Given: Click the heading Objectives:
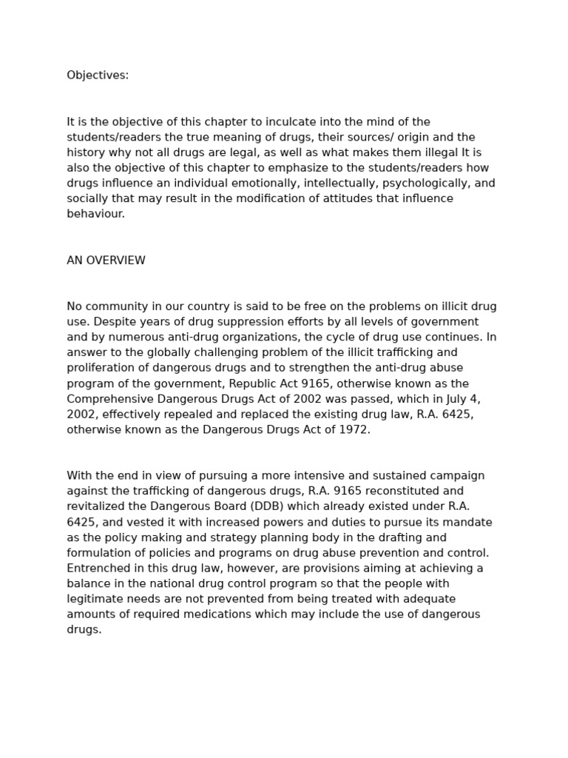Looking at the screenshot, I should tap(98, 76).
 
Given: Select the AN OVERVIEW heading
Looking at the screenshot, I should tap(106, 261).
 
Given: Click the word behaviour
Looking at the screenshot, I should tap(96, 214).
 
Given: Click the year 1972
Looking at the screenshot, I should tap(353, 429).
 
